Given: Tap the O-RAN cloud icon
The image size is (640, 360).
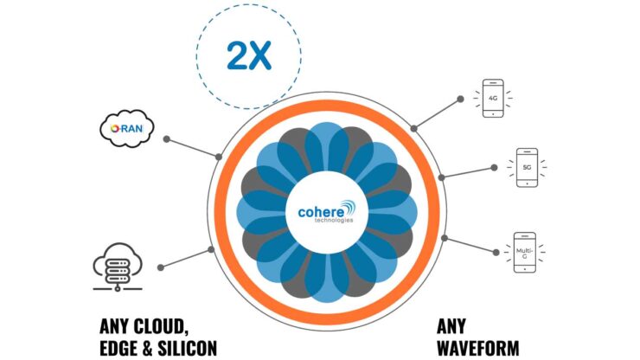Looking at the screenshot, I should (127, 131).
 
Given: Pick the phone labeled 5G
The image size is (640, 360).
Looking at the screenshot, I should (525, 168).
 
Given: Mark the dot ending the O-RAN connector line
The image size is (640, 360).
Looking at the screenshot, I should (166, 138).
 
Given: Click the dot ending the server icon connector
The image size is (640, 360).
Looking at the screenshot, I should (167, 265).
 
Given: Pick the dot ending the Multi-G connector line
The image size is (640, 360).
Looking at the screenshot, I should (496, 252).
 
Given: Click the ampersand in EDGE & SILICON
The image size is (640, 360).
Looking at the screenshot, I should (150, 348).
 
